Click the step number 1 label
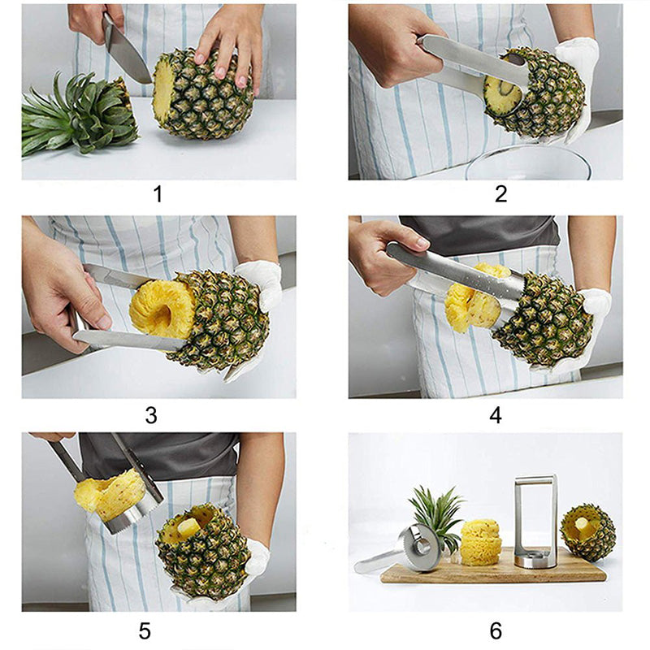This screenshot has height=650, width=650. pyautogui.click(x=158, y=194)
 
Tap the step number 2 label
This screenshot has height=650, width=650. pyautogui.click(x=500, y=193)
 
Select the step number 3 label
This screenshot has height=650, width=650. pyautogui.click(x=151, y=414)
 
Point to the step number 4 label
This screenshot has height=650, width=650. pyautogui.click(x=496, y=414)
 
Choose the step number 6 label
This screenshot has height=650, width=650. pyautogui.click(x=496, y=630)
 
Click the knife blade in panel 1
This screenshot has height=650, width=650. pyautogui.click(x=126, y=53)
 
